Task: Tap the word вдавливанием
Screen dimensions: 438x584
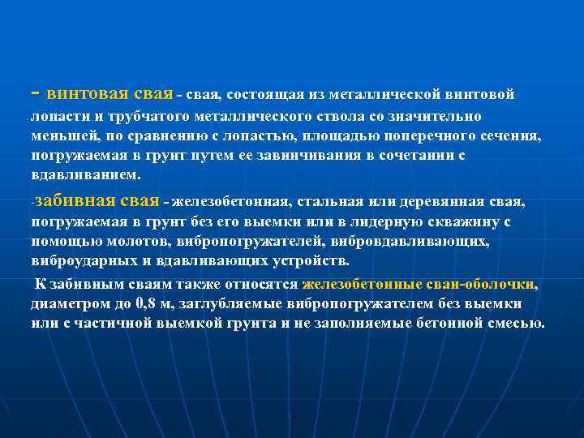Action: tap(84, 174)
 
